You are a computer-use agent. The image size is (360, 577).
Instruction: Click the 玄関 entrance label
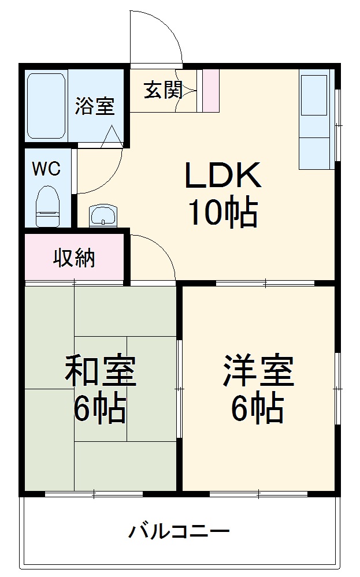[163, 90]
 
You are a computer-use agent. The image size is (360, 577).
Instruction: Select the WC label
[46, 169]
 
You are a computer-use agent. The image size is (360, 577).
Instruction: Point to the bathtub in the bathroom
[46, 105]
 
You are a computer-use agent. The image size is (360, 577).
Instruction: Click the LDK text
[222, 176]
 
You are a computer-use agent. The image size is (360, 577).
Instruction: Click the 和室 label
[100, 371]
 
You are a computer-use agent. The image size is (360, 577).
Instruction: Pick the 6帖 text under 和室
[99, 409]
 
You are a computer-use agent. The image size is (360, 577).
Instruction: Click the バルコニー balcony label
[179, 530]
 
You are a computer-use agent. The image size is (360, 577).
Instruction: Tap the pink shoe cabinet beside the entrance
[210, 91]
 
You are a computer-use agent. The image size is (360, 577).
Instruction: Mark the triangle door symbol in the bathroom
[112, 137]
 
